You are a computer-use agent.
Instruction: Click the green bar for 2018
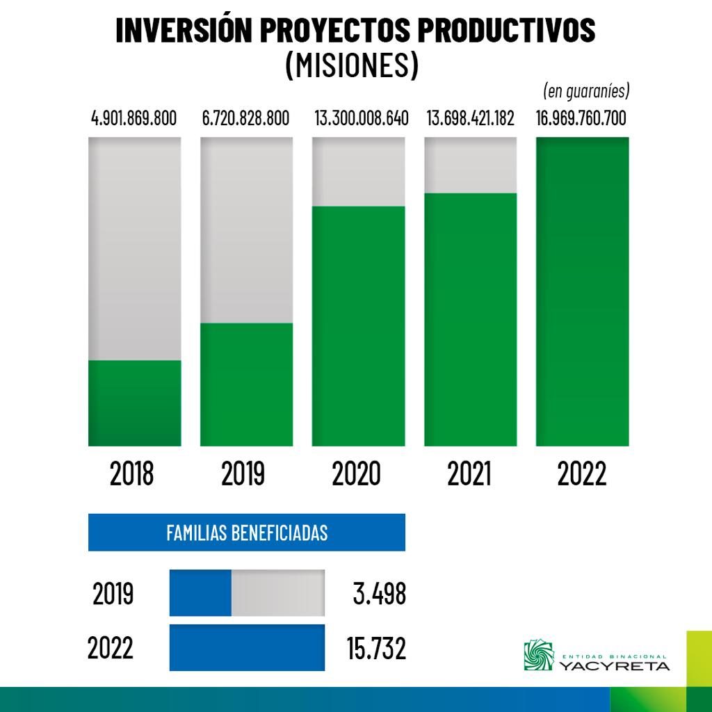(x=134, y=403)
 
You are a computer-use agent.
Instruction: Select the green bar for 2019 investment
(x=246, y=384)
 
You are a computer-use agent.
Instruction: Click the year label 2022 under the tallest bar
(x=582, y=474)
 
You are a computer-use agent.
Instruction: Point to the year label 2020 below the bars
(x=357, y=474)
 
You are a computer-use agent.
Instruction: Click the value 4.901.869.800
(x=134, y=118)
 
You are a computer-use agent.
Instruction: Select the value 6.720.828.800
(x=245, y=118)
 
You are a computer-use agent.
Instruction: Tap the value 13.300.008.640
(x=362, y=118)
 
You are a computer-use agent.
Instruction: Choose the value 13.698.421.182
(x=471, y=118)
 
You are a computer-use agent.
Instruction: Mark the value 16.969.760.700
(x=582, y=118)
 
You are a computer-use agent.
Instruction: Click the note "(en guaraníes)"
(x=585, y=91)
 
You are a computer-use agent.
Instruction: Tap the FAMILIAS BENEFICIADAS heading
(x=247, y=533)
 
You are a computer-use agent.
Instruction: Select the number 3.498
(x=379, y=594)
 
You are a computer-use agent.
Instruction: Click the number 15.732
(x=376, y=648)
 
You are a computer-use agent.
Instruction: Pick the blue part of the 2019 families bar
(x=200, y=593)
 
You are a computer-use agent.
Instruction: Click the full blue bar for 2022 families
(x=247, y=647)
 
